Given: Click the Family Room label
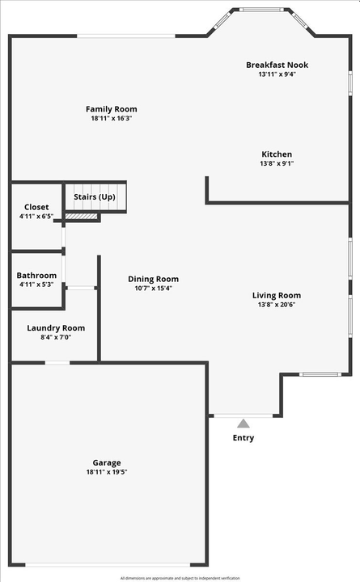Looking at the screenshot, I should point(112,109).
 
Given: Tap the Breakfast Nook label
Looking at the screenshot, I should point(277,65).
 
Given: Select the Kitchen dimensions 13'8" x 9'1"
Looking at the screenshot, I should point(277,163).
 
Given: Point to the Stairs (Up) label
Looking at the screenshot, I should point(95,197).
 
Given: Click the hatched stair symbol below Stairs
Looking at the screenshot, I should point(82,215).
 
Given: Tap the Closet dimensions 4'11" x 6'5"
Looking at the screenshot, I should point(36,217).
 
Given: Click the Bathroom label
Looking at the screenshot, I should point(37,276).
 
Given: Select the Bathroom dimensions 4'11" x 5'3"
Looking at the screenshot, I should point(36,285).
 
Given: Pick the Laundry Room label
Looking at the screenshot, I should point(56,328).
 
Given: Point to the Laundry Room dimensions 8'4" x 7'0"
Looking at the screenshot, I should point(56,337).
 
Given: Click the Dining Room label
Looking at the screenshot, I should point(153,279).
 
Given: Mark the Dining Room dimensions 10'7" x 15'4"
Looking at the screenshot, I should point(153,289).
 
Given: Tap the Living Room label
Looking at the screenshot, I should point(277,296).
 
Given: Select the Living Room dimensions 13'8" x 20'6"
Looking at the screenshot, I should point(277,305).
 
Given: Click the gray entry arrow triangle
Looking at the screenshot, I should point(243,422).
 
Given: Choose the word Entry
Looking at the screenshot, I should point(243,438).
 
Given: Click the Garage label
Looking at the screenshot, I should point(106,462).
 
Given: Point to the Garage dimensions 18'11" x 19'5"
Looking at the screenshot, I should point(106,472).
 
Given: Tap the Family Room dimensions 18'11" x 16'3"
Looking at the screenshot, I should point(112,119).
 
